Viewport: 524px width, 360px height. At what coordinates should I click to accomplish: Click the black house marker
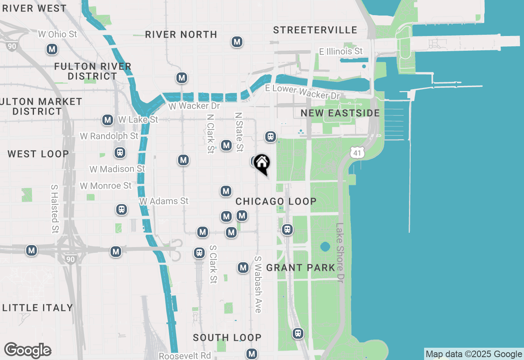tap(262, 163)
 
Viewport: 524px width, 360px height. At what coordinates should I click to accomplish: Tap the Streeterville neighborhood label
tap(315, 30)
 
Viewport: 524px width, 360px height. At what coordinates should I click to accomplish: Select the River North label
tap(181, 34)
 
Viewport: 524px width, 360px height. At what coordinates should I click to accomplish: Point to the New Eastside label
tap(340, 113)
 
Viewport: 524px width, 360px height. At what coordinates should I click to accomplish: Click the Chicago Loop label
tap(276, 201)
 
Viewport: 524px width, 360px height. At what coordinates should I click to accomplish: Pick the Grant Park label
tap(300, 268)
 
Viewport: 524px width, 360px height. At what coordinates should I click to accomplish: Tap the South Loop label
tap(227, 337)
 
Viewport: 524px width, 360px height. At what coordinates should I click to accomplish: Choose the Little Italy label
tap(38, 308)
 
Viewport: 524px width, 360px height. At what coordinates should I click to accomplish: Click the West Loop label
tap(38, 154)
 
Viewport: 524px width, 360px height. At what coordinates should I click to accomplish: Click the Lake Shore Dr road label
tap(340, 254)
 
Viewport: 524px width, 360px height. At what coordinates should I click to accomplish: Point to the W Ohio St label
tap(57, 34)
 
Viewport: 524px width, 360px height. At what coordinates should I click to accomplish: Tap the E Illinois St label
tap(341, 51)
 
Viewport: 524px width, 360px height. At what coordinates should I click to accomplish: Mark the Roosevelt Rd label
tap(185, 355)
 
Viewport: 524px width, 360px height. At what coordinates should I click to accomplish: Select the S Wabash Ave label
tap(258, 284)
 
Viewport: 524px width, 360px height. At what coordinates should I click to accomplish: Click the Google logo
tap(27, 350)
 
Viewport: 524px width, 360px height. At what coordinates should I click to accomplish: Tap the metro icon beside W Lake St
tap(108, 120)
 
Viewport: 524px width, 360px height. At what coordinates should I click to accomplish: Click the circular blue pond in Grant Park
tap(325, 247)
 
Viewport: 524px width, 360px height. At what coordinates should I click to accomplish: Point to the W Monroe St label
tap(106, 186)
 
